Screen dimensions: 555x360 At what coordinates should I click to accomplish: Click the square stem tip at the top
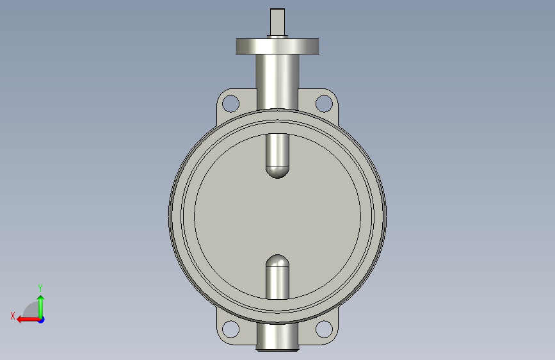point(278,22)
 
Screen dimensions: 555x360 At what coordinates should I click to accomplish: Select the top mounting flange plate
point(278,46)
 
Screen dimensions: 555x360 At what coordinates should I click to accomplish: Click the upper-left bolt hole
point(231,104)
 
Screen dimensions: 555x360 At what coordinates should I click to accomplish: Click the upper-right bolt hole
point(324,104)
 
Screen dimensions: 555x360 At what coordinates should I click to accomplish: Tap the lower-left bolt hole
point(231,329)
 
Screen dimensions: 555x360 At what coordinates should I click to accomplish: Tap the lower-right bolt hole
point(324,329)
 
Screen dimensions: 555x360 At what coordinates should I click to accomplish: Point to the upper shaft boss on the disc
point(278,156)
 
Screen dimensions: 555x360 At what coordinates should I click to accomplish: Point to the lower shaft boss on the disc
point(278,277)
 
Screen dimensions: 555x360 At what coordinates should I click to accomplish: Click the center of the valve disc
point(278,216)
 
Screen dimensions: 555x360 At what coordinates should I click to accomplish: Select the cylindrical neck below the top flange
point(278,82)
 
